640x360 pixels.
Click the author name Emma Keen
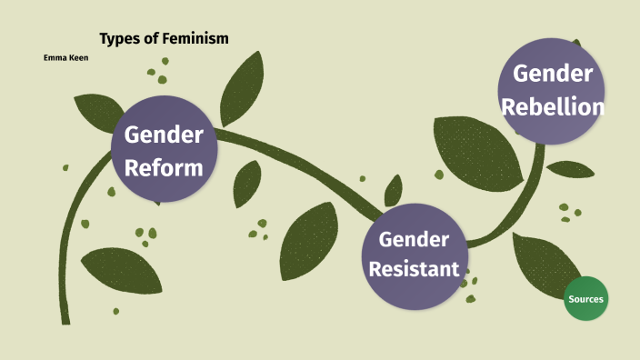(x=65, y=57)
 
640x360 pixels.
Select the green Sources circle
(x=585, y=299)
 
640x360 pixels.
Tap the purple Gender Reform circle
(x=164, y=151)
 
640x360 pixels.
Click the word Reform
(x=164, y=168)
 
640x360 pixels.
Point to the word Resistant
(x=414, y=269)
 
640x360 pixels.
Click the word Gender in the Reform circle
(x=164, y=135)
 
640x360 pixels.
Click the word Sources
(x=585, y=299)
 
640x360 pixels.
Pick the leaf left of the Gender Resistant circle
(x=308, y=240)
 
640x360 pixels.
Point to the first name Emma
(x=54, y=57)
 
